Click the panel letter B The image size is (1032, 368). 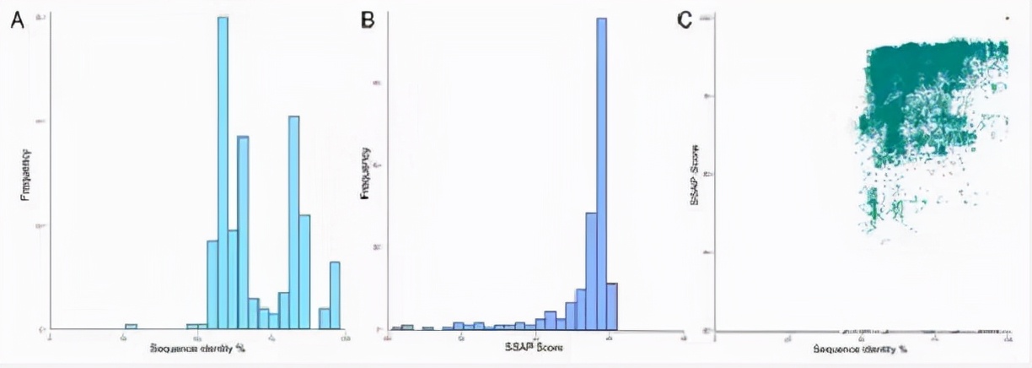[x=368, y=19]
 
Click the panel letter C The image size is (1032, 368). [x=685, y=19]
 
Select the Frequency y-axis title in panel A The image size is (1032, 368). [x=26, y=175]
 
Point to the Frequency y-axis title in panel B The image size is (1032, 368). [x=366, y=173]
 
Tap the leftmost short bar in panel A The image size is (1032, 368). [x=131, y=326]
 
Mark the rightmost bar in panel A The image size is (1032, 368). [x=335, y=295]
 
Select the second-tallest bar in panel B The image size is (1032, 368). [x=591, y=270]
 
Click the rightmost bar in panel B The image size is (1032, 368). [x=611, y=306]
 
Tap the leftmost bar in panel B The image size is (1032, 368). [x=397, y=327]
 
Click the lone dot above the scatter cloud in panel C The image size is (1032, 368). [x=1006, y=17]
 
